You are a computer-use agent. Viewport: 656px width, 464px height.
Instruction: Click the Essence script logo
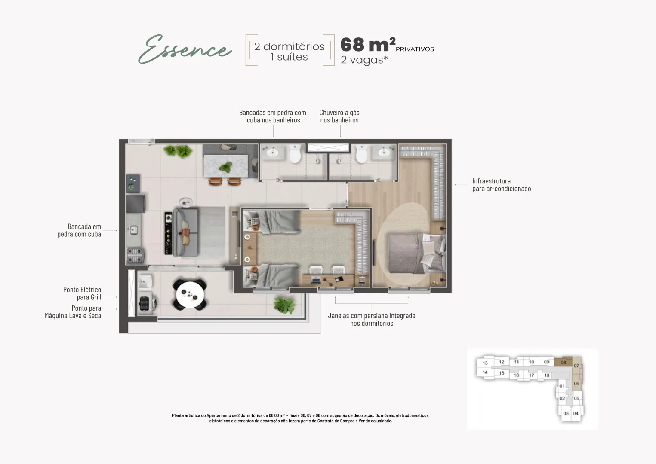pyautogui.click(x=185, y=49)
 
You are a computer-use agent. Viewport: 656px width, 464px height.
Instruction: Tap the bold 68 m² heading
pyautogui.click(x=368, y=45)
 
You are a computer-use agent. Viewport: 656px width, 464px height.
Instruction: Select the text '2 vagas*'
pyautogui.click(x=364, y=60)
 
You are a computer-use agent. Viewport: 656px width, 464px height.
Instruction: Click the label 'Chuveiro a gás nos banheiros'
pyautogui.click(x=339, y=116)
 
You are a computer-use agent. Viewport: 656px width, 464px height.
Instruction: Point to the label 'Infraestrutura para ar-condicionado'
pyautogui.click(x=502, y=185)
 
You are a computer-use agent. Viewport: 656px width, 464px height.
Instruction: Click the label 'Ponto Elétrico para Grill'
pyautogui.click(x=82, y=293)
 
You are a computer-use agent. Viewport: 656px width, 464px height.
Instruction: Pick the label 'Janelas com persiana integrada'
pyautogui.click(x=371, y=315)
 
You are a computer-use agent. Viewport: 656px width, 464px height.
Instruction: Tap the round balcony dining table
pyautogui.click(x=190, y=294)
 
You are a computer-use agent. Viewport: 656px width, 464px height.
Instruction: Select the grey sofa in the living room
pyautogui.click(x=186, y=232)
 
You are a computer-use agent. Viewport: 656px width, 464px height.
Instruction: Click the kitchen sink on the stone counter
pyautogui.click(x=133, y=230)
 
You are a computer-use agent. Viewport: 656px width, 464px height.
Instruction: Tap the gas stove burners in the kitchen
pyautogui.click(x=134, y=255)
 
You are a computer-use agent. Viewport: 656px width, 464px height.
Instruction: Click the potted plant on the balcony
pyautogui.click(x=283, y=305)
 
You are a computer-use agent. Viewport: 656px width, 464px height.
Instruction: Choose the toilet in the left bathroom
pyautogui.click(x=295, y=154)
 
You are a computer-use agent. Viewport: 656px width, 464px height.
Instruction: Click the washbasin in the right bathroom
pyautogui.click(x=384, y=152)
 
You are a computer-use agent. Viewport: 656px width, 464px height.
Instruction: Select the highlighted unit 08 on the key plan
pyautogui.click(x=563, y=362)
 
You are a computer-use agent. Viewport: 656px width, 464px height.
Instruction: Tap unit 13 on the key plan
pyautogui.click(x=485, y=363)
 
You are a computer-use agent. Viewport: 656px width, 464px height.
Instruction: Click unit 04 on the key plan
pyautogui.click(x=576, y=413)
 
